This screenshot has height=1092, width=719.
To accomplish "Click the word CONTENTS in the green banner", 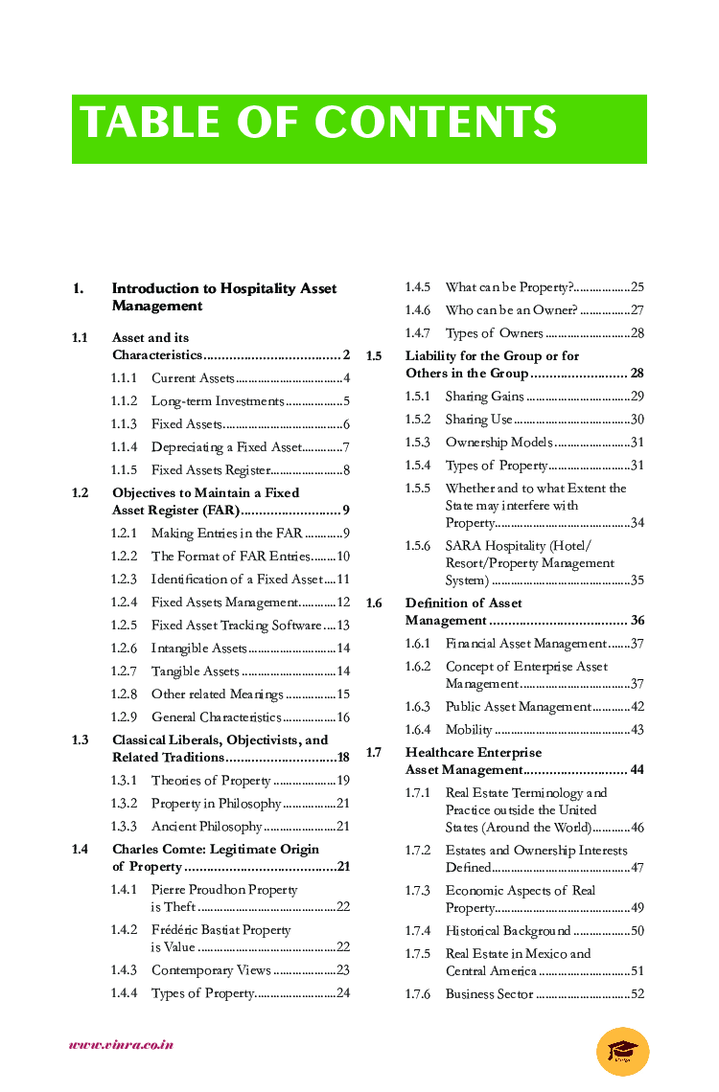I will [x=435, y=124].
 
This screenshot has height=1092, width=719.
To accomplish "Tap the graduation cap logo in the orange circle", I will [x=622, y=1051].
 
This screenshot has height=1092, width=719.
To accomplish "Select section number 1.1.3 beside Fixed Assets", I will [x=124, y=424].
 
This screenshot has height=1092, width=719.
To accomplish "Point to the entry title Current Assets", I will [x=193, y=378].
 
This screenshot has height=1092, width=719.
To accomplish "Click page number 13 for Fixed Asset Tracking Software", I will [x=343, y=626].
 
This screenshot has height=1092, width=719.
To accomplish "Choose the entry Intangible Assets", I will [x=198, y=648].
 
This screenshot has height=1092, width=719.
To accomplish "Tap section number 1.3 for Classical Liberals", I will [x=80, y=740].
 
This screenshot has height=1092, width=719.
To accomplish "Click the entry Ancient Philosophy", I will [x=206, y=827].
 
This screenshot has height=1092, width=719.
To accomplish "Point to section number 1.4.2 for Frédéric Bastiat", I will [x=124, y=930].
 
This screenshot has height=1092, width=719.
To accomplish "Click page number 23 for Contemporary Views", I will [x=343, y=970].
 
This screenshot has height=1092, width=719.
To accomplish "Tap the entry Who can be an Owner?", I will [x=511, y=310].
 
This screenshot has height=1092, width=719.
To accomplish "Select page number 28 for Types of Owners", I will [x=637, y=333].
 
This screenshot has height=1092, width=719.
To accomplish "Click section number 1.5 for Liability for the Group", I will [x=374, y=356].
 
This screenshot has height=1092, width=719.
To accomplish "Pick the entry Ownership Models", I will [x=499, y=443].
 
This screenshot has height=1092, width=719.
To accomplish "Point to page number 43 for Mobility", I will [x=637, y=730].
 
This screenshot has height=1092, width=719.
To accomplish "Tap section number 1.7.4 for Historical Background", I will [x=418, y=931].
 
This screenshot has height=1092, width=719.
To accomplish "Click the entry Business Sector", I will [x=489, y=994].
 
